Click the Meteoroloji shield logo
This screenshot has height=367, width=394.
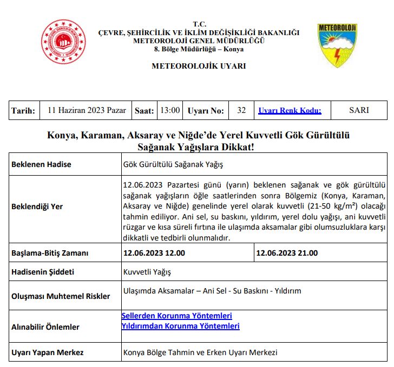click(337, 45)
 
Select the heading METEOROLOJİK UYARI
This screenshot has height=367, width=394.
click(199, 66)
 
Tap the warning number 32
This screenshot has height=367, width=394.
click(241, 110)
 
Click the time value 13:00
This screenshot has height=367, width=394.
click(170, 110)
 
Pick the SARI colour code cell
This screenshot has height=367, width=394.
click(359, 110)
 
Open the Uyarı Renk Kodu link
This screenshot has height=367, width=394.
click(290, 111)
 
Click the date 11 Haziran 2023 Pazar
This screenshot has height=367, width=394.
click(87, 110)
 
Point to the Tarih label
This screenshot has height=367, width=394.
click(23, 111)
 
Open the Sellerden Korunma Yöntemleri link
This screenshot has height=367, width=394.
click(177, 316)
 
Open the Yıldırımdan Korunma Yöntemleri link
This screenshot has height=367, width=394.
click(181, 326)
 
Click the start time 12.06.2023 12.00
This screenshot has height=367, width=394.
click(154, 253)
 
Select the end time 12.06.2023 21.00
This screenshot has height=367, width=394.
click(287, 253)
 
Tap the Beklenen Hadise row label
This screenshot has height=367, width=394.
click(41, 164)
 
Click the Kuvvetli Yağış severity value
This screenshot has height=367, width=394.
click(147, 272)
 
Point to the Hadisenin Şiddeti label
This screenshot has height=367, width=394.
click(43, 272)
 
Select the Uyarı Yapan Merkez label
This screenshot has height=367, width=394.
click(48, 352)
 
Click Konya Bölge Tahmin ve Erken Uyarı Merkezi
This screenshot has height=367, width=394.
click(200, 352)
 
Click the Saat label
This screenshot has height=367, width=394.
click(144, 111)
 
